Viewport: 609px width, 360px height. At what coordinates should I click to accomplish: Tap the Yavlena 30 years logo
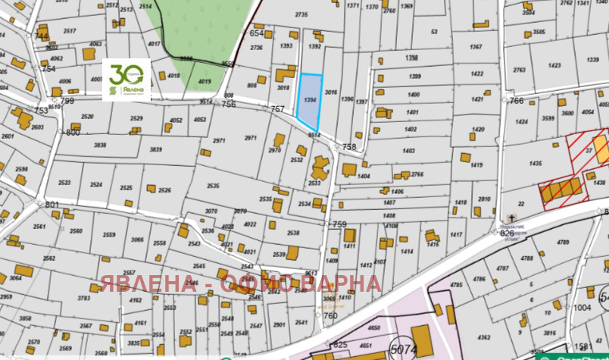(126, 79)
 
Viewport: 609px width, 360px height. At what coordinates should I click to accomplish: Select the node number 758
(349, 146)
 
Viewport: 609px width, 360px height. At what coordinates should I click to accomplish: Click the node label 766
(517, 100)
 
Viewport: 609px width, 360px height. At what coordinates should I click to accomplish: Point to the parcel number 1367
(476, 47)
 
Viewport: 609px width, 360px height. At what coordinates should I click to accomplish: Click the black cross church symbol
(503, 226)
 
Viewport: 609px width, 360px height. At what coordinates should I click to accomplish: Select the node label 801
(52, 205)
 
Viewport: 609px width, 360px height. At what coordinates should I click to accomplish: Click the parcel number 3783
(85, 299)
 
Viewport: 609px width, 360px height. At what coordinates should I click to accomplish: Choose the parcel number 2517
(70, 31)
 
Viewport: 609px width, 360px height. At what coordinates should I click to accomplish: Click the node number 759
(339, 224)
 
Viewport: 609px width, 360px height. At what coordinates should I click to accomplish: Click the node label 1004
(582, 308)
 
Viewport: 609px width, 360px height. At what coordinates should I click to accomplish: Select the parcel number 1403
(409, 151)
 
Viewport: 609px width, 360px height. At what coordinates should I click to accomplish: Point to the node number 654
(256, 33)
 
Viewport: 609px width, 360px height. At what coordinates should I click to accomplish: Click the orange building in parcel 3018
(286, 74)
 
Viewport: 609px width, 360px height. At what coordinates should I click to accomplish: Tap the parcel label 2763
(519, 70)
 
